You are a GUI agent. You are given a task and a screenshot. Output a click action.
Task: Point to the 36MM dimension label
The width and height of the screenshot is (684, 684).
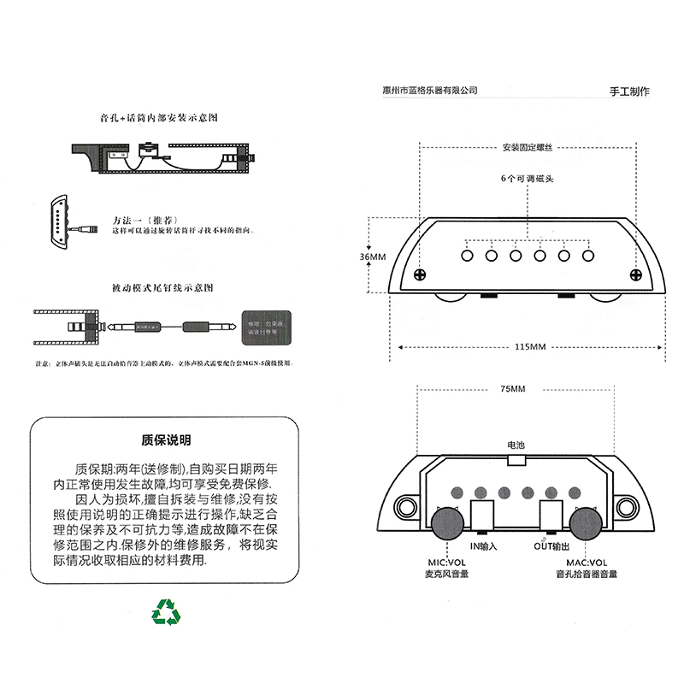point(374,256)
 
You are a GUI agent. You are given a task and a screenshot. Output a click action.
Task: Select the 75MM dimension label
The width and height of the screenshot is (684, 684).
point(514,389)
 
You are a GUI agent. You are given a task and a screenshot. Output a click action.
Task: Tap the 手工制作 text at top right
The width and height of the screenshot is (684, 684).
point(629,91)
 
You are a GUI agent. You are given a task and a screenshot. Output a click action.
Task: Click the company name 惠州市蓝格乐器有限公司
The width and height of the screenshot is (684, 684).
point(432,90)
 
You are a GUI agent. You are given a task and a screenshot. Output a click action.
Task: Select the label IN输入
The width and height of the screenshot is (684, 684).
point(483,546)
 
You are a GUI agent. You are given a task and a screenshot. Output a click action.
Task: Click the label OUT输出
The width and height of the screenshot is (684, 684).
point(551,546)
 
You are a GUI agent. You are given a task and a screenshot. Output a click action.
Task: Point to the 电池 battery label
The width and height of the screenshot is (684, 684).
point(516,445)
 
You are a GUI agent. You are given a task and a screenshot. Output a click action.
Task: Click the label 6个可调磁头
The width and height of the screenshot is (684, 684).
point(528,180)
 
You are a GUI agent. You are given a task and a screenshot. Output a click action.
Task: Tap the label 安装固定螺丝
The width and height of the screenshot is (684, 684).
point(528,148)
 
